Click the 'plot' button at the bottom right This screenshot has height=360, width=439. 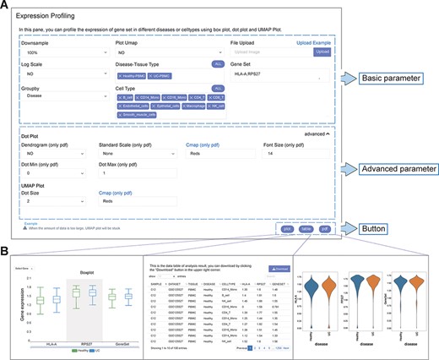[x=288, y=227]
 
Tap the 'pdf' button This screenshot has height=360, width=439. [x=324, y=227]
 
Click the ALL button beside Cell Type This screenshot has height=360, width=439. [x=217, y=88]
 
